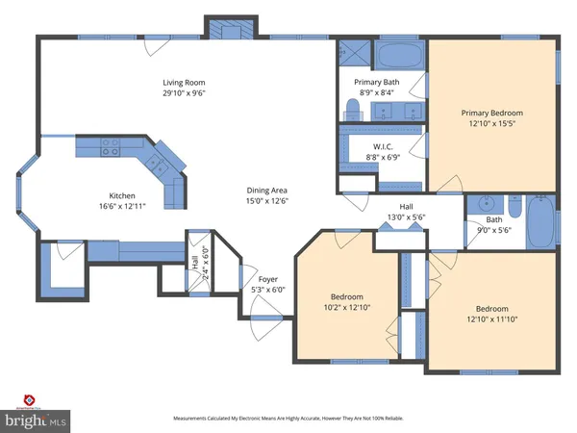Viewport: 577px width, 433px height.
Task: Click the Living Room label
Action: coord(183,83)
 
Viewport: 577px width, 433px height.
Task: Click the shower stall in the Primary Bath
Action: coord(348,54)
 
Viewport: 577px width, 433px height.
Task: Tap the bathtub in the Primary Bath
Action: coord(396,52)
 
